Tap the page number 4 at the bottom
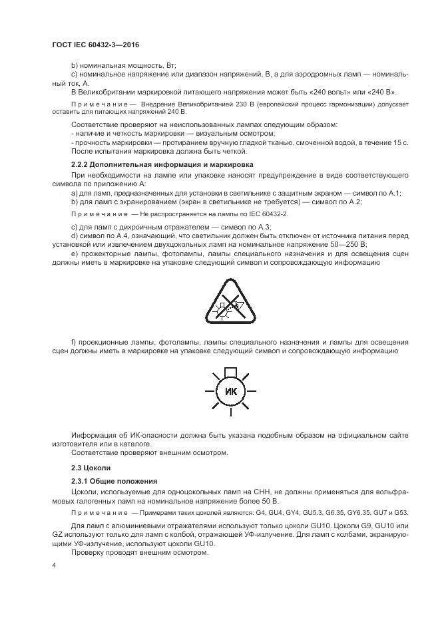(x=53, y=565)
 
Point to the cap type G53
(x=400, y=512)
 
